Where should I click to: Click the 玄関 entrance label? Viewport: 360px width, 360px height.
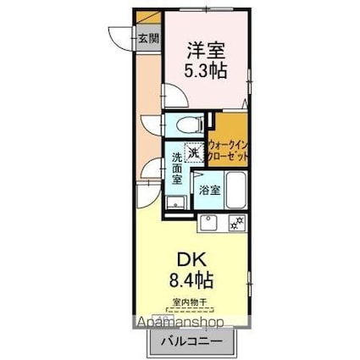point(148,36)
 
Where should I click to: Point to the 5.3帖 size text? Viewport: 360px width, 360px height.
point(204,72)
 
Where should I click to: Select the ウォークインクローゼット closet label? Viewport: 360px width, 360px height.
point(228,151)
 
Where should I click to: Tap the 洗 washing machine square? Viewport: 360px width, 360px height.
point(195,152)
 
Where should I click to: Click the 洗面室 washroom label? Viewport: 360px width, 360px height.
point(176,169)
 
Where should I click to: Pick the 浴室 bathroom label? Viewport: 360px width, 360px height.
point(208,190)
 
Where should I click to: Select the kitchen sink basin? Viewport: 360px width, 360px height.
point(209,224)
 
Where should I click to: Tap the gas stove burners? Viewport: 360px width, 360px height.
point(237,224)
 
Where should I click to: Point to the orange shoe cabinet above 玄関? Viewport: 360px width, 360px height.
point(149,17)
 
